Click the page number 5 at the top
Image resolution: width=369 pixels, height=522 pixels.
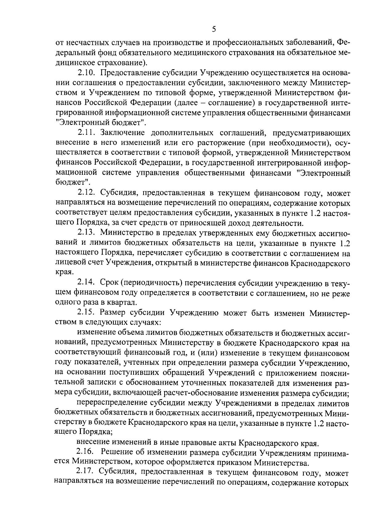pyautogui.click(x=214, y=30)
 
